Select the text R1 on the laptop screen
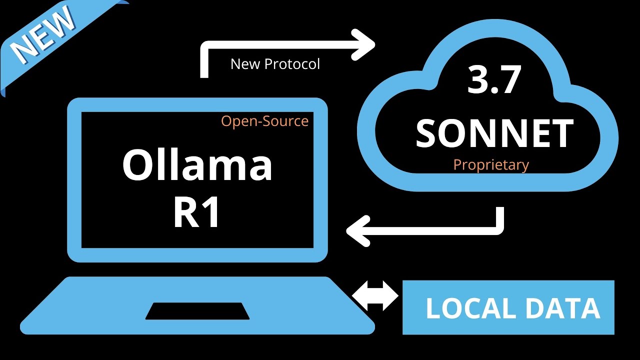(197, 213)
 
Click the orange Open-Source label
(264, 121)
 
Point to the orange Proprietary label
(490, 164)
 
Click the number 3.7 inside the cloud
(494, 80)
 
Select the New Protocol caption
(275, 64)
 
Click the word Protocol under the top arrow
(292, 64)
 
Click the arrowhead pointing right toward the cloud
(364, 44)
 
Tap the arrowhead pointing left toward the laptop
(357, 230)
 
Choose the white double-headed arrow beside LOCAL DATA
(375, 295)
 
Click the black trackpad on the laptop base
(197, 310)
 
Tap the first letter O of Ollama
(137, 166)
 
